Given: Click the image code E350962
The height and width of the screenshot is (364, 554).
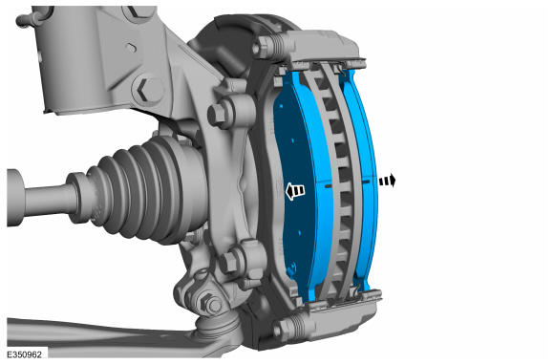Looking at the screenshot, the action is click(x=24, y=354).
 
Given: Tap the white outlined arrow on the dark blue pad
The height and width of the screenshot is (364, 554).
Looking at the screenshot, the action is click(x=295, y=191).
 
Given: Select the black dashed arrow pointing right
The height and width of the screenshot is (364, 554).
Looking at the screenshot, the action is click(x=387, y=181).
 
